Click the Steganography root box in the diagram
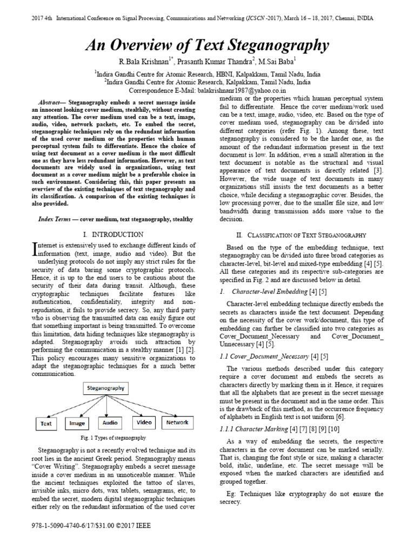pos(105,388)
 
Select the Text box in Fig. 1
pos(46,424)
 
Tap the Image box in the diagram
pos(77,424)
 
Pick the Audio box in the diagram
pos(110,423)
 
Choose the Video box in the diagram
pos(144,422)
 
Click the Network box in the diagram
pos(177,422)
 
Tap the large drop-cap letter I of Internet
pos(35,249)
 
